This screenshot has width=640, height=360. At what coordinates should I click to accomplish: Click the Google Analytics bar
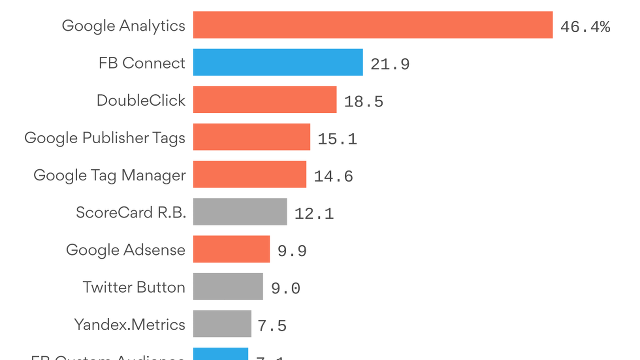[x=373, y=25]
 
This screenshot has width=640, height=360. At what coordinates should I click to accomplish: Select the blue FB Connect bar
[x=278, y=62]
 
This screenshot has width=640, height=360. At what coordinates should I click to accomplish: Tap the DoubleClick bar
[x=265, y=100]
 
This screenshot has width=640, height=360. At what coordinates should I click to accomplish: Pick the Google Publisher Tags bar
[x=251, y=137]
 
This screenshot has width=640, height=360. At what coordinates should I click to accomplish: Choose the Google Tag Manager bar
[x=249, y=174]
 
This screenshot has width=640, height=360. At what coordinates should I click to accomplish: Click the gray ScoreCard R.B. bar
[x=240, y=212]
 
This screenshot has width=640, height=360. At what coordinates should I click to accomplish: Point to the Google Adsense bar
[x=231, y=249]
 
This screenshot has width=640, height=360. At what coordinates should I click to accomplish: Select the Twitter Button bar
[x=228, y=286]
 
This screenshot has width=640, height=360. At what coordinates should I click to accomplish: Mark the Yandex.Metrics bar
[x=222, y=324]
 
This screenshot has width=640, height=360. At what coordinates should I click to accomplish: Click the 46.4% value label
[x=585, y=27]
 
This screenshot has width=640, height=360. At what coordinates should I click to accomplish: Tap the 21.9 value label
[x=390, y=64]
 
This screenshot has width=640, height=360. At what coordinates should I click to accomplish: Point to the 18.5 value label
[x=364, y=101]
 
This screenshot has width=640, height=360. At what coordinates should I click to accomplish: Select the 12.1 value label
[x=314, y=213]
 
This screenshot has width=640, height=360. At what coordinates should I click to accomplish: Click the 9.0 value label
[x=286, y=288]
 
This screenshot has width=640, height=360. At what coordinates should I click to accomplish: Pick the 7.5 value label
[x=272, y=325]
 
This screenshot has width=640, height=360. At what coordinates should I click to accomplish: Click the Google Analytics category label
[x=123, y=26]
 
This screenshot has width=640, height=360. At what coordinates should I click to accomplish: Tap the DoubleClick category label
[x=141, y=100]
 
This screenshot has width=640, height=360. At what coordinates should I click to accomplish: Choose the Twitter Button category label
[x=134, y=287]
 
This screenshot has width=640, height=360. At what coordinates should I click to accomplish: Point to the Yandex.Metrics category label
[x=129, y=324]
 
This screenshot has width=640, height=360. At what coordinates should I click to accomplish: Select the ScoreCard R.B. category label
[x=131, y=212]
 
